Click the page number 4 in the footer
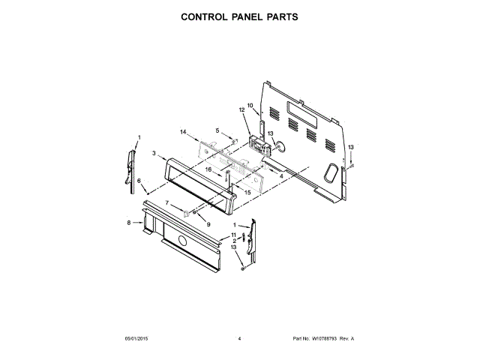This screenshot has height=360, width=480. tap(239, 339)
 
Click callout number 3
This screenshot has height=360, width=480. tap(153, 154)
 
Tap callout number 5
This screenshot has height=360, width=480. tap(217, 130)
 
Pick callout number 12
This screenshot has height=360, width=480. tap(242, 110)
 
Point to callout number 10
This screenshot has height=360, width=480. tap(250, 106)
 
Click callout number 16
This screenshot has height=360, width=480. tap(210, 169)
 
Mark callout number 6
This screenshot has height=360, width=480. tap(139, 181)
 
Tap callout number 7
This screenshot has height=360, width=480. tap(167, 203)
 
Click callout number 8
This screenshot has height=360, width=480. tap(129, 222)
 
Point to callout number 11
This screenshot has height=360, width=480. tap(233, 235)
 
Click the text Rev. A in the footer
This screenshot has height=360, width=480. tap(346, 339)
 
